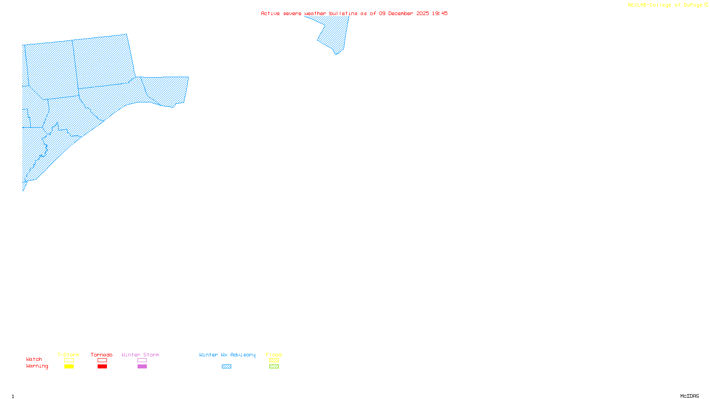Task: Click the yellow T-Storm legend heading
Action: (x=68, y=355)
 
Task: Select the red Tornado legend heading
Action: (x=102, y=355)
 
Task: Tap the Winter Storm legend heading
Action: (x=140, y=355)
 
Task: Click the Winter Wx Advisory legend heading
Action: (x=227, y=355)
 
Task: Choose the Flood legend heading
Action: (x=274, y=355)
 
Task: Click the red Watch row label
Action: (x=34, y=359)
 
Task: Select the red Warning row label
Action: (x=37, y=366)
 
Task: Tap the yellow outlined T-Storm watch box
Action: (x=69, y=360)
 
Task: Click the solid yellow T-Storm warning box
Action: (x=69, y=367)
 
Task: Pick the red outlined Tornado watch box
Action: (x=102, y=360)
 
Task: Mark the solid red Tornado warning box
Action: (x=102, y=367)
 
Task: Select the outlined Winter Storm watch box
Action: (x=142, y=360)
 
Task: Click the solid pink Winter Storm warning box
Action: (x=142, y=367)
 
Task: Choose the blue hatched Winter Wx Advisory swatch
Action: (x=226, y=367)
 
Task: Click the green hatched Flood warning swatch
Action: (x=274, y=367)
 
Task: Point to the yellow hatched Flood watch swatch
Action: (x=274, y=360)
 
